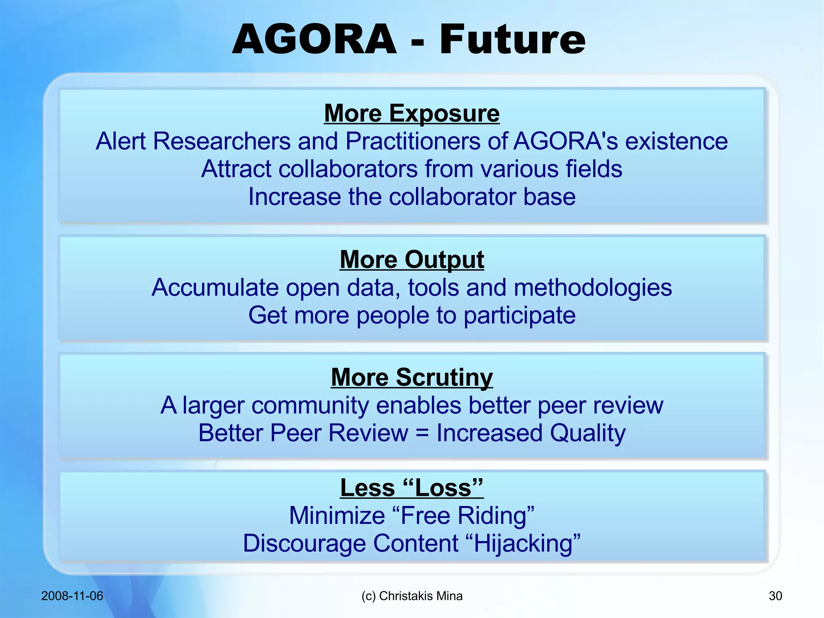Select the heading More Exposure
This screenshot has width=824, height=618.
(x=412, y=113)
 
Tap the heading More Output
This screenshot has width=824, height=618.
(x=412, y=259)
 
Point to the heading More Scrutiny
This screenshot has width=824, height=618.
(x=412, y=377)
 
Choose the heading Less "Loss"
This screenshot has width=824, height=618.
(x=412, y=488)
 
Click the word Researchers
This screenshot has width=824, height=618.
(x=222, y=141)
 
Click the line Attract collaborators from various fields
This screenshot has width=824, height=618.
(x=412, y=169)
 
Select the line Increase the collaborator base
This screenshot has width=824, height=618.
(x=412, y=196)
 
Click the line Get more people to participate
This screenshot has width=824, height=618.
(x=412, y=315)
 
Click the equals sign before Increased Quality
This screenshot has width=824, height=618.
(x=422, y=433)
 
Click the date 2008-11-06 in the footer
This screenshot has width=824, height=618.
(x=72, y=596)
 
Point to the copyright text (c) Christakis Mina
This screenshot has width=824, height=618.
(x=412, y=596)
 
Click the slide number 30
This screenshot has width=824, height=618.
(x=775, y=596)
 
